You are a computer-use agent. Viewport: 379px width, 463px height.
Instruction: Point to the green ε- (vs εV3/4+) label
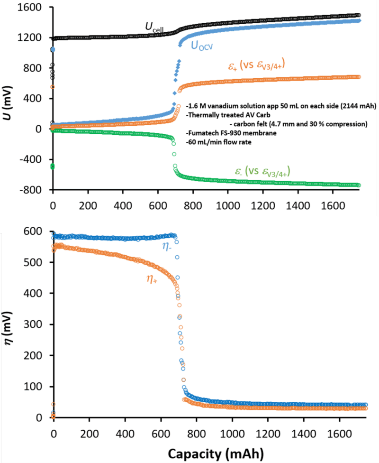(x=261, y=170)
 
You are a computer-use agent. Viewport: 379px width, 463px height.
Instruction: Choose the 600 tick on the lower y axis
(x=39, y=231)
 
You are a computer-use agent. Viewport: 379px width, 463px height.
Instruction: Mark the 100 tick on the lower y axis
(x=39, y=387)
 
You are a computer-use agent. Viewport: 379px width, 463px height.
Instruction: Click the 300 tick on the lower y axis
(x=39, y=324)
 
